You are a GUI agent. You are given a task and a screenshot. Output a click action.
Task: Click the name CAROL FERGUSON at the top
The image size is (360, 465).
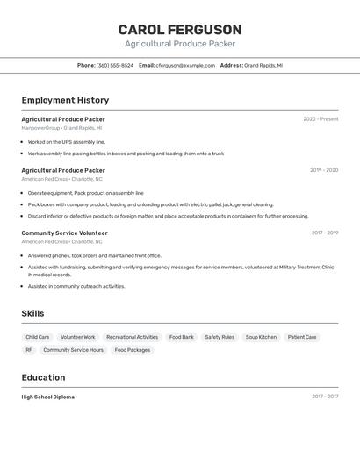click(179, 29)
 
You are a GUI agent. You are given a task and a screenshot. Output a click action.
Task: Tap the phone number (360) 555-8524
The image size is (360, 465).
click(115, 65)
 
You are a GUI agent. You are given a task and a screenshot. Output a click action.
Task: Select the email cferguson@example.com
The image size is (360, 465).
click(185, 65)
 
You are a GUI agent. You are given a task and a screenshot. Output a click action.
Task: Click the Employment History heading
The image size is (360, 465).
click(65, 101)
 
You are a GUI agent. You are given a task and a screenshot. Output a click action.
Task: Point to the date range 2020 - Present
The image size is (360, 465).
click(320, 119)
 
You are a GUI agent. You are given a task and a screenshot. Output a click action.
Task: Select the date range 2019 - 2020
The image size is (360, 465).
click(323, 170)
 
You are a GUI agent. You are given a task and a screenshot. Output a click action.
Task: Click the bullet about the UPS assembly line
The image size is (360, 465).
click(66, 141)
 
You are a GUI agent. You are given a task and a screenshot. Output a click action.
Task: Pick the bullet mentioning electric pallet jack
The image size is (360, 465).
click(150, 204)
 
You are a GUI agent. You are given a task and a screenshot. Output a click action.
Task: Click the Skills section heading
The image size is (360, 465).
click(32, 313)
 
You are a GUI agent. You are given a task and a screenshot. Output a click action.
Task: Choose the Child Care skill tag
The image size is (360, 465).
click(38, 337)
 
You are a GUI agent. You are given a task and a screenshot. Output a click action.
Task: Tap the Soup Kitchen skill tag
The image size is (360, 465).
click(261, 337)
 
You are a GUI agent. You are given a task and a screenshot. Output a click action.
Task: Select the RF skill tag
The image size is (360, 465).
click(29, 350)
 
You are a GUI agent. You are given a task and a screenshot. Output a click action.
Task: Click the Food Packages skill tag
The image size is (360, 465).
click(133, 350)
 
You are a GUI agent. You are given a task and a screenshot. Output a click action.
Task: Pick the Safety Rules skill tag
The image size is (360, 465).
click(220, 337)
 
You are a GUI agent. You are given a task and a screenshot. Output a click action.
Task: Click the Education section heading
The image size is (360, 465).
click(43, 377)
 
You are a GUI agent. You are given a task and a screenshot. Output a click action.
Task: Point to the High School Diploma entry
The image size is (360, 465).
click(48, 397)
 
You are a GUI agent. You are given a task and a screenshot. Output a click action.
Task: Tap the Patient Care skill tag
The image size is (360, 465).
click(302, 337)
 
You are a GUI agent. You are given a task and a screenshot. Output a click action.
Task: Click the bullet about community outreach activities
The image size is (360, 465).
click(76, 286)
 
